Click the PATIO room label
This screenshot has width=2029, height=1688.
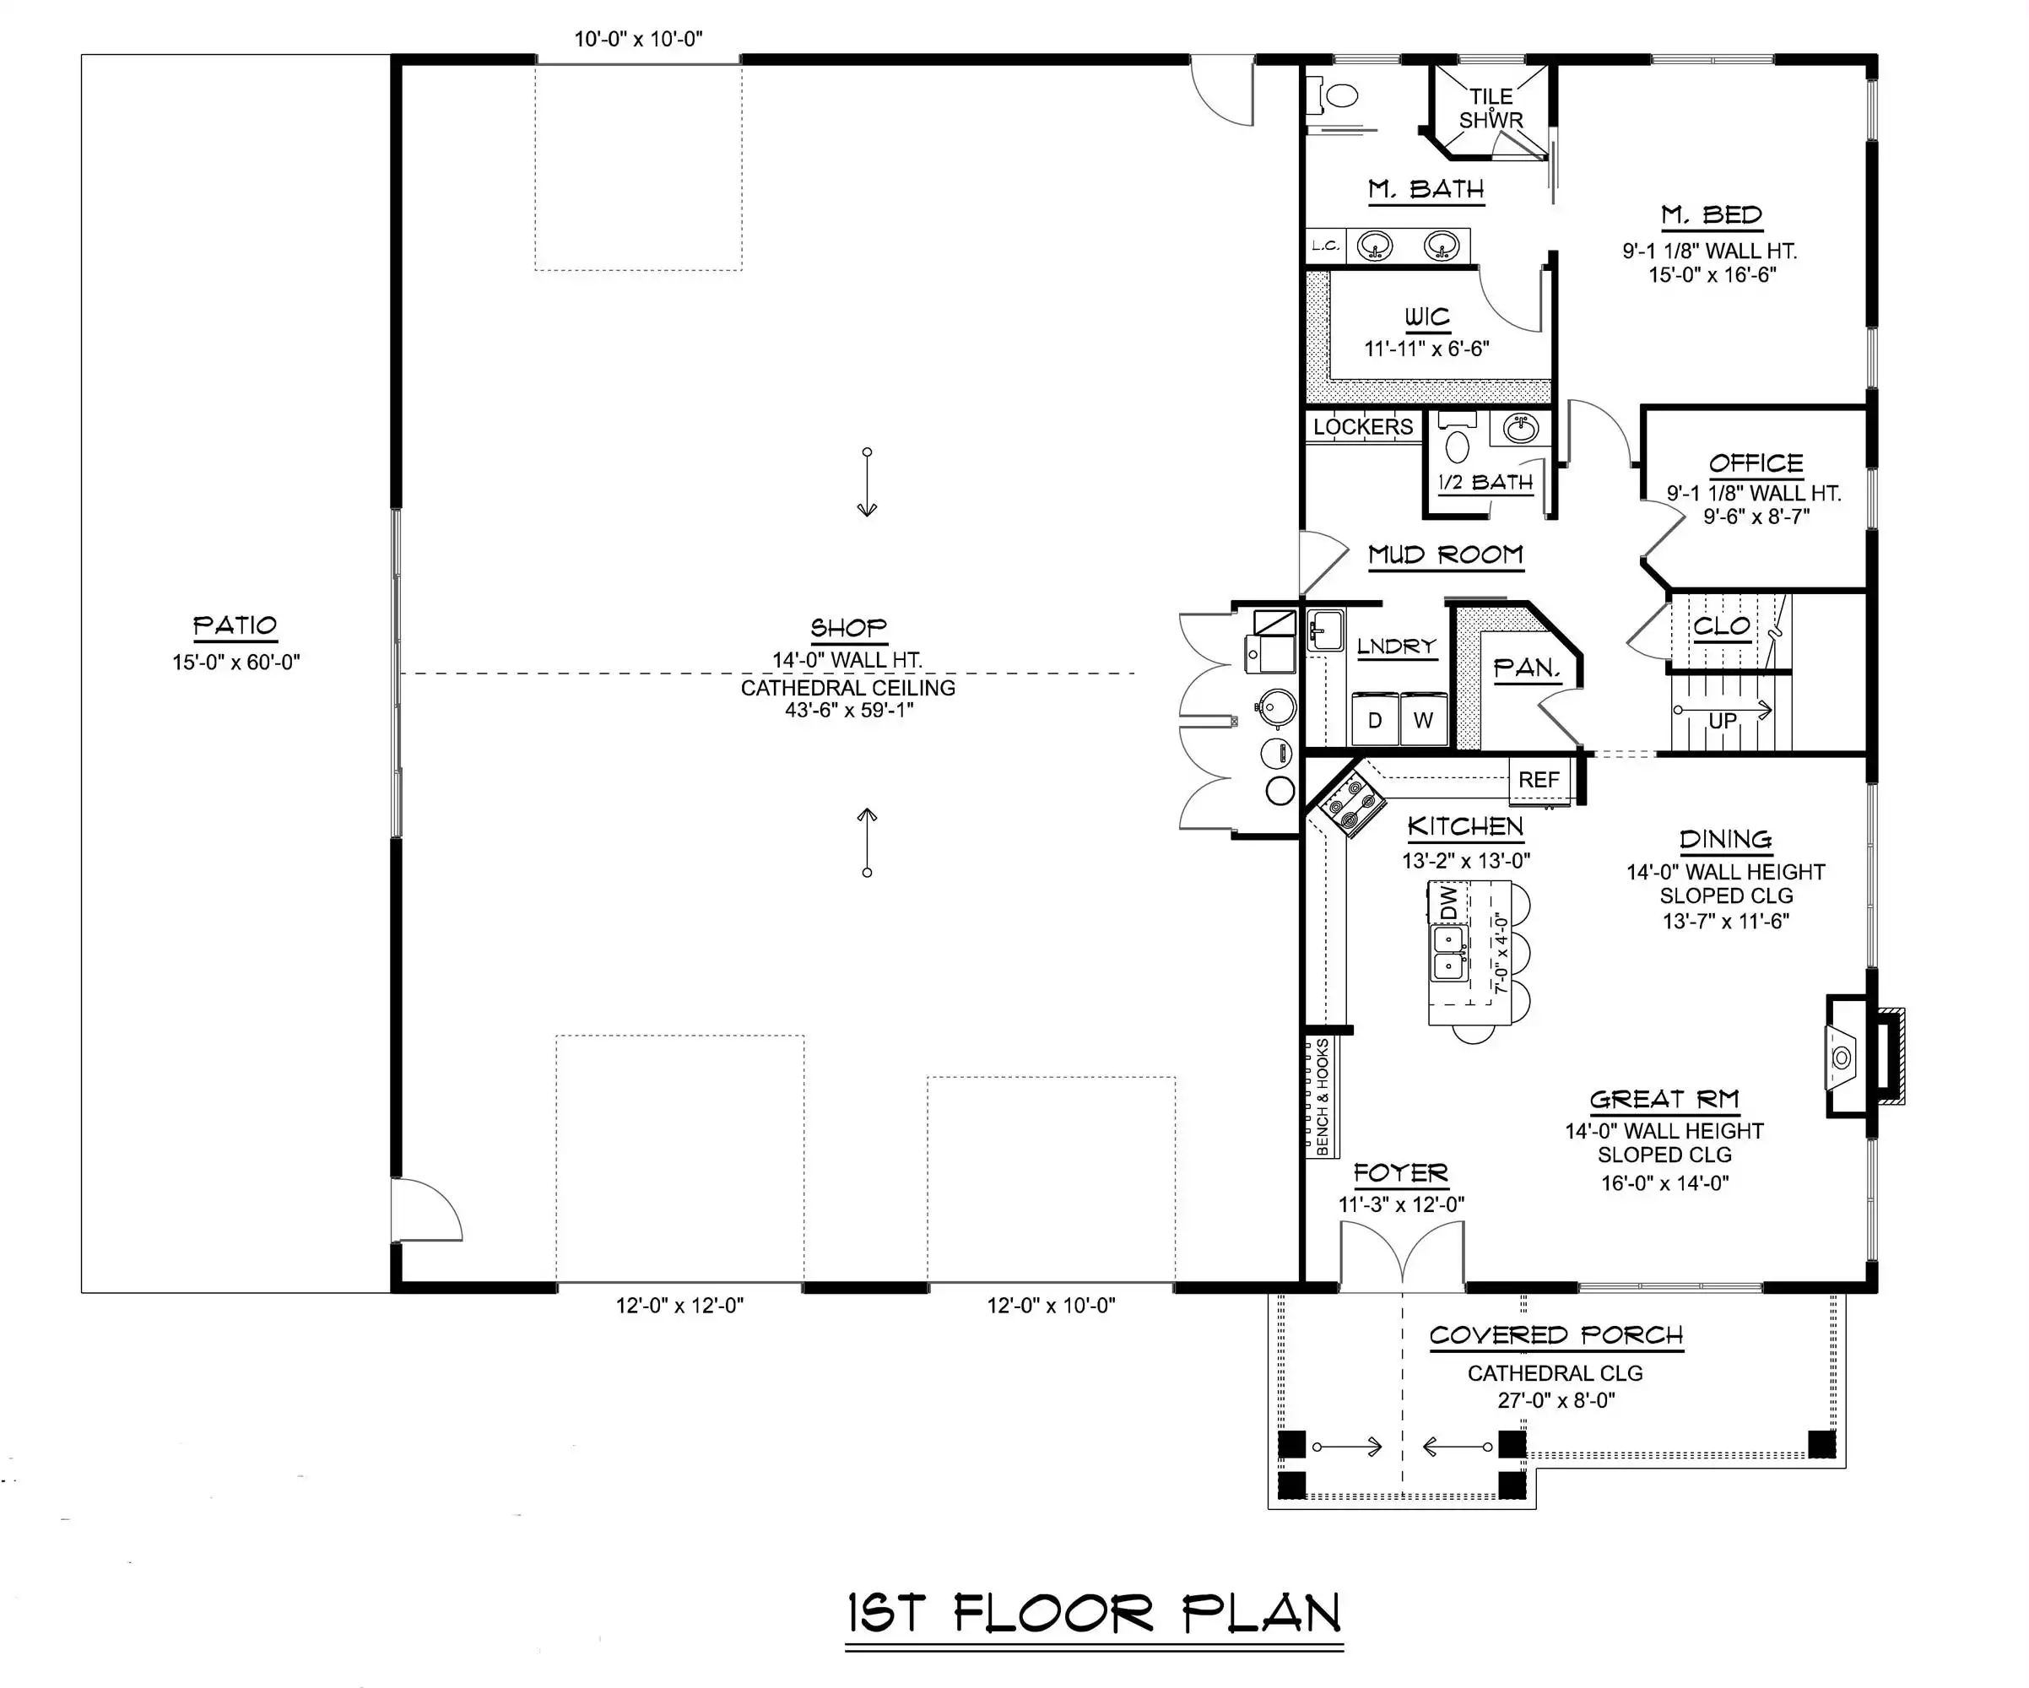pyautogui.click(x=235, y=626)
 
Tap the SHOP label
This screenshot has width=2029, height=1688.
pyautogui.click(x=848, y=628)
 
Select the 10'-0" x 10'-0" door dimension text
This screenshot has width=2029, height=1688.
pyautogui.click(x=639, y=40)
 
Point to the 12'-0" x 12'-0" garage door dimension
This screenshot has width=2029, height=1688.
pyautogui.click(x=680, y=1306)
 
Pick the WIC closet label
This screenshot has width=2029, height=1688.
pyautogui.click(x=1427, y=317)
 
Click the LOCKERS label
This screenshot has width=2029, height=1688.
pyautogui.click(x=1362, y=426)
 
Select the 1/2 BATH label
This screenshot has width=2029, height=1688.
pyautogui.click(x=1485, y=482)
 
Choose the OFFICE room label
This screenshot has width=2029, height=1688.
pyautogui.click(x=1756, y=464)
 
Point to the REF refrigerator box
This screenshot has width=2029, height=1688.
pyautogui.click(x=1538, y=779)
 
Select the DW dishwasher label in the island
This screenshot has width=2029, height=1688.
pyautogui.click(x=1447, y=902)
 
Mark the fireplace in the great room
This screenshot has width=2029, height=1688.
pyautogui.click(x=1863, y=1057)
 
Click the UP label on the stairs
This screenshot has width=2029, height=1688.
pyautogui.click(x=1723, y=721)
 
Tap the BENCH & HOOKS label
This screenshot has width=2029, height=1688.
pyautogui.click(x=1323, y=1096)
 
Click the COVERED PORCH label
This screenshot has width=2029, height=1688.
pyautogui.click(x=1556, y=1335)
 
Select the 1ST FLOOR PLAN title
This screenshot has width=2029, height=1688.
pyautogui.click(x=1095, y=1614)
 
